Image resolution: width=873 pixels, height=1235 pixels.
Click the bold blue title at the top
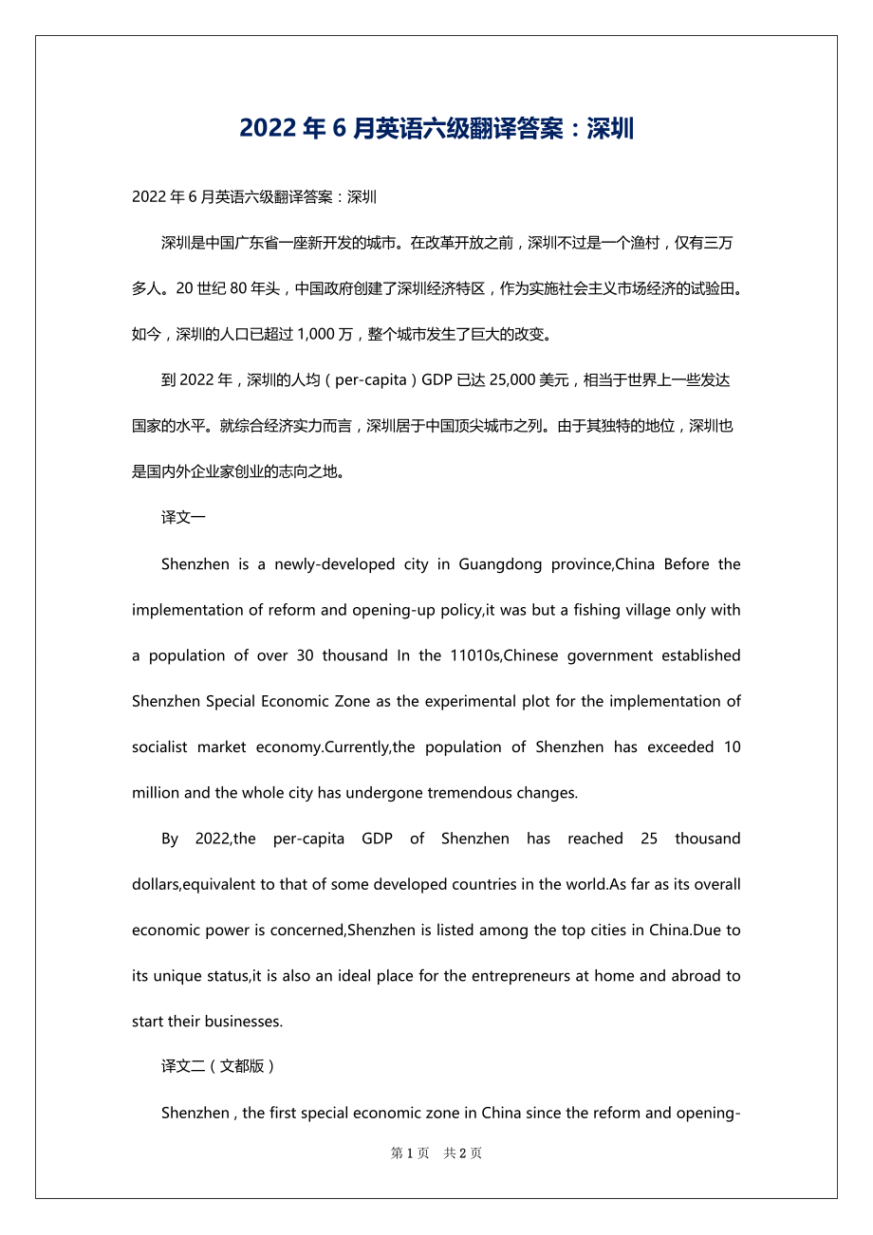(436, 128)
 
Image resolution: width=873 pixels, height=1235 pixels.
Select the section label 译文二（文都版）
(218, 1066)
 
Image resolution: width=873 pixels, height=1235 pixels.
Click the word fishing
(586, 610)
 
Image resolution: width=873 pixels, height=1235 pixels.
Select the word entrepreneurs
(522, 976)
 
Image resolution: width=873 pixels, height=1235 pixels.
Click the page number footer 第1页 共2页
(436, 1153)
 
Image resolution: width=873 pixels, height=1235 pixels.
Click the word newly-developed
(327, 564)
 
